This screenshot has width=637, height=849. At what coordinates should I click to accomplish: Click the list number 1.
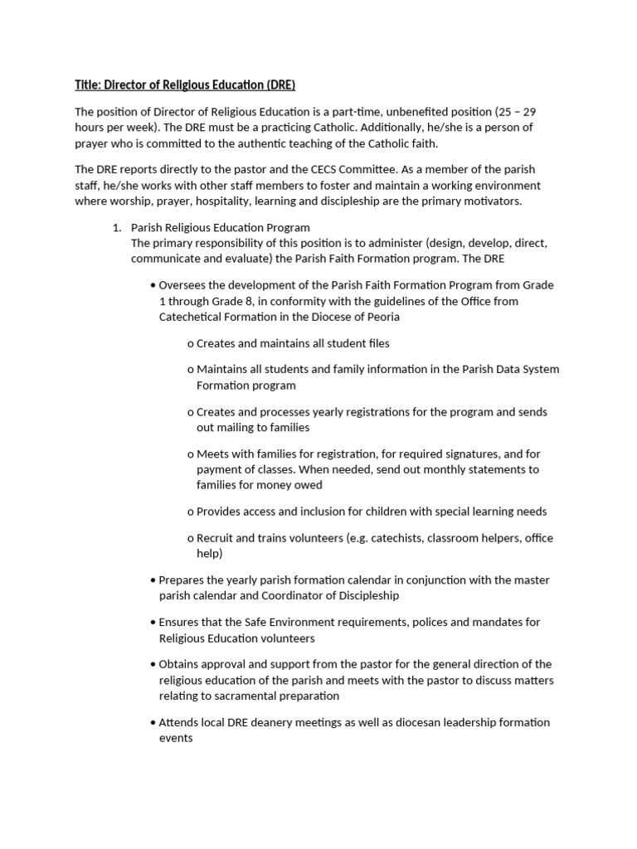(x=116, y=227)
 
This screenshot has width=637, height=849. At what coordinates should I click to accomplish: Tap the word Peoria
(x=383, y=317)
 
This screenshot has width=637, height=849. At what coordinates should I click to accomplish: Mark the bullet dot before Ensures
(x=153, y=622)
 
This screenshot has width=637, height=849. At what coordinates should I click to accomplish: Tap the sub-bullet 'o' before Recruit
(x=191, y=538)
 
